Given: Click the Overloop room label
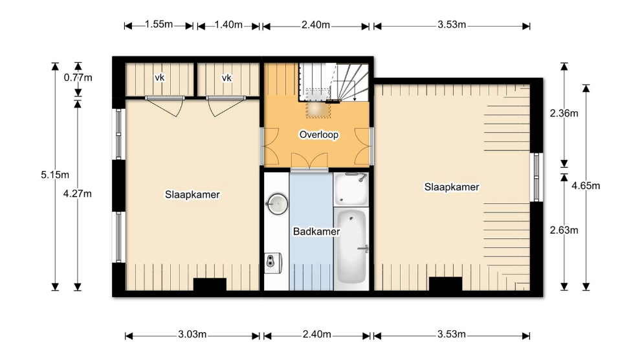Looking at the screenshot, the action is (x=319, y=135).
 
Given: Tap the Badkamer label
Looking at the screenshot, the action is (x=316, y=232).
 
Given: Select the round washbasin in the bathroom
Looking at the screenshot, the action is (x=278, y=204).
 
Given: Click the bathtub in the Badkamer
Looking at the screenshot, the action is (x=351, y=245).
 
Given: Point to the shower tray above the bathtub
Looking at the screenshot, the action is (x=351, y=189).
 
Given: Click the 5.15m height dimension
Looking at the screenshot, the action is (x=55, y=175).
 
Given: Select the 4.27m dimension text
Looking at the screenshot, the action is (x=77, y=194).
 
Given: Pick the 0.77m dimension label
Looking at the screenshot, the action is (x=78, y=78).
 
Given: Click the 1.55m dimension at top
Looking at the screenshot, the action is (x=159, y=25).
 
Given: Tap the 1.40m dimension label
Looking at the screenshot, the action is (x=228, y=25).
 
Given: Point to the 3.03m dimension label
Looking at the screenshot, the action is (x=192, y=335).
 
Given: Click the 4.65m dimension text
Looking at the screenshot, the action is (x=586, y=186).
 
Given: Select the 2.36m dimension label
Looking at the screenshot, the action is (x=564, y=113).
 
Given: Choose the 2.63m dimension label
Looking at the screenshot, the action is (x=564, y=231).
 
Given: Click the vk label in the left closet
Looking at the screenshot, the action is (x=160, y=78).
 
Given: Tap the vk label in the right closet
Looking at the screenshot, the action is (x=227, y=78).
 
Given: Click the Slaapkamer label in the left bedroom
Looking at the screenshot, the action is (x=192, y=195).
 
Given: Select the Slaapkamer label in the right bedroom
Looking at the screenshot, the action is (x=452, y=187).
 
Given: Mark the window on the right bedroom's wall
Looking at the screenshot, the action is (x=536, y=177).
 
